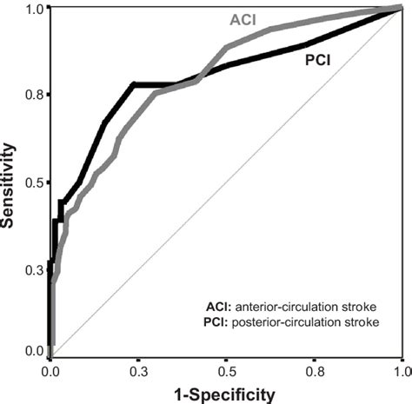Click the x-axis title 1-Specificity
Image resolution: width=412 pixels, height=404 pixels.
tap(224, 394)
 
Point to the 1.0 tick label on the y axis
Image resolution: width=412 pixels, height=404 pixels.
tap(33, 9)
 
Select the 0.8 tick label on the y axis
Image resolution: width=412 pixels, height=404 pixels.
tap(33, 94)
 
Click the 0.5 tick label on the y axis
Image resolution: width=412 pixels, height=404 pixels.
tap(33, 182)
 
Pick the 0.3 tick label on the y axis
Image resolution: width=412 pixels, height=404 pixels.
tap(33, 271)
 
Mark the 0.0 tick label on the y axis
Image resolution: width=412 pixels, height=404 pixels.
tap(33, 350)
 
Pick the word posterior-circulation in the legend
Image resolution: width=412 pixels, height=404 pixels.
tap(274, 323)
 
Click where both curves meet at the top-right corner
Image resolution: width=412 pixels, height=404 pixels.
tap(400, 9)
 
